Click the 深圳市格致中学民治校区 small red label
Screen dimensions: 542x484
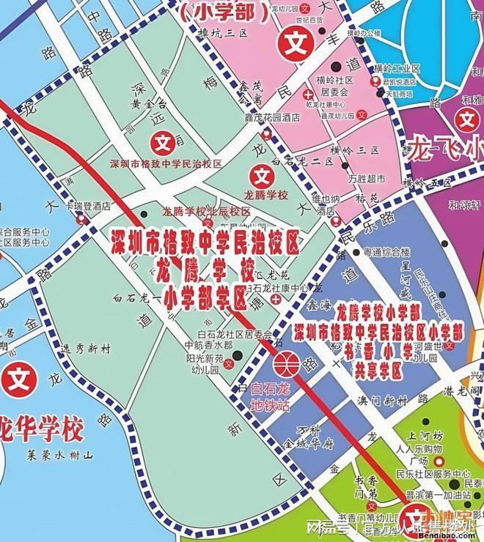point(165,164)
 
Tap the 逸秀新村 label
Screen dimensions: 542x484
point(86,350)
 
